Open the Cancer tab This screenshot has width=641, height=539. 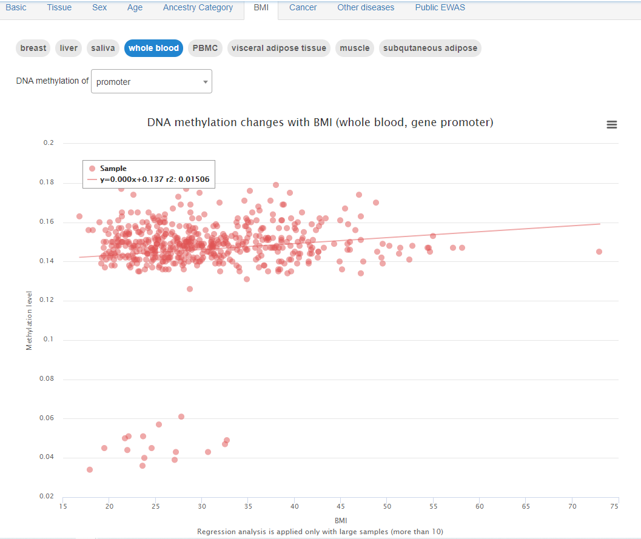[303, 8]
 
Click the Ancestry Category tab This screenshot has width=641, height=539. [198, 8]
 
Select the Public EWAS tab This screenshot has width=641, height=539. [440, 8]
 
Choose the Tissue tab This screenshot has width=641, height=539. [59, 8]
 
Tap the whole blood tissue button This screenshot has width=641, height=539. [153, 49]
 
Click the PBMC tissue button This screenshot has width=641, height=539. [205, 49]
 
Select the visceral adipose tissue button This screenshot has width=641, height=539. [279, 49]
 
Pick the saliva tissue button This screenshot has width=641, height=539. [103, 49]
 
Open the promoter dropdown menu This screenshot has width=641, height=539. [152, 82]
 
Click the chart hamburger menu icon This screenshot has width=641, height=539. [612, 124]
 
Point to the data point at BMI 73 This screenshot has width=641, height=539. [599, 252]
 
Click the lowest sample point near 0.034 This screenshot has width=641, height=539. [90, 469]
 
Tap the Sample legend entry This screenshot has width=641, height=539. [113, 169]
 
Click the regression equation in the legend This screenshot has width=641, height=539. [154, 179]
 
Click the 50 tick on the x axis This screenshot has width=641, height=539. [387, 506]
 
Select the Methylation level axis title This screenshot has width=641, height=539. [29, 321]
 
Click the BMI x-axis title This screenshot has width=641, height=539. [340, 520]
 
